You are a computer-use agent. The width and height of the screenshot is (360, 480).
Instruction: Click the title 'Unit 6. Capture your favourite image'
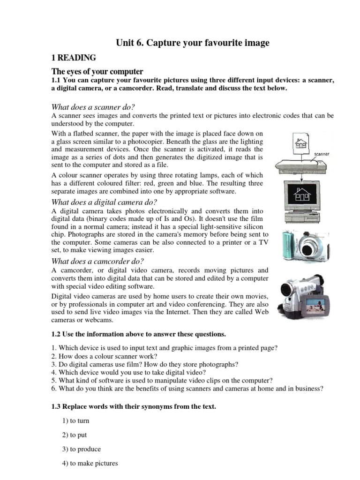[193, 43]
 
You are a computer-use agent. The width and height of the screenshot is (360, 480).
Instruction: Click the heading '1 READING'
[74, 58]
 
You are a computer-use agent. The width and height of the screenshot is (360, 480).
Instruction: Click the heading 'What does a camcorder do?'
[98, 261]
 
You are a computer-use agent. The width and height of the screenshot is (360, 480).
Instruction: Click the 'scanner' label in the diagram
[322, 154]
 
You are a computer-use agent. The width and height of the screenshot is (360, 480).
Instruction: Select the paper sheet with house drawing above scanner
[300, 141]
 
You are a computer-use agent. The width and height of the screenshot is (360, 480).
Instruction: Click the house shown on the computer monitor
[301, 194]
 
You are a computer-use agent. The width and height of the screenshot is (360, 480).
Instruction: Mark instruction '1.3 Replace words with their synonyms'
[134, 407]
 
